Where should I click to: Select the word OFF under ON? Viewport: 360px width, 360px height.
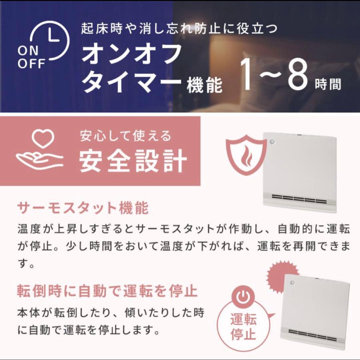[31, 64]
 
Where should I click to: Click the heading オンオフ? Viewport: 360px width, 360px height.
[132, 55]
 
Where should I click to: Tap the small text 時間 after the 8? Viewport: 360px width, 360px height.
[328, 85]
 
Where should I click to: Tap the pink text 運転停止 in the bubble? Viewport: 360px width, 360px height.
[244, 327]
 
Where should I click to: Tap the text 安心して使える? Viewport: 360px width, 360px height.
[125, 136]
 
